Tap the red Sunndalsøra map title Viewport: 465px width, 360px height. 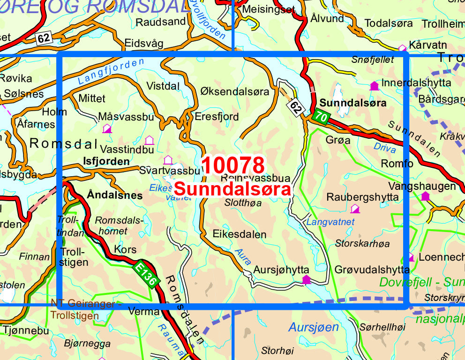click(232, 189)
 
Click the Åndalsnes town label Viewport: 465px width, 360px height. click(114, 195)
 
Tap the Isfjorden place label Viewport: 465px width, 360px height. click(105, 161)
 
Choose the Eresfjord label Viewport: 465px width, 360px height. click(217, 116)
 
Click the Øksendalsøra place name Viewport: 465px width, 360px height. click(235, 91)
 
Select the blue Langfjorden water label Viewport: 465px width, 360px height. click(103, 73)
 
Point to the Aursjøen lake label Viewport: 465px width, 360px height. click(313, 327)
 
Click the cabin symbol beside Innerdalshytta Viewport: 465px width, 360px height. click(374, 86)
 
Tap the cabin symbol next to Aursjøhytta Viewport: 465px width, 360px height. click(306, 280)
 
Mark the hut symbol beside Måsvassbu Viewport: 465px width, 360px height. click(107, 128)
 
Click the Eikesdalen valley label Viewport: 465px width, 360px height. click(239, 234)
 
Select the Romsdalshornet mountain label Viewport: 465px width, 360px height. click(111, 225)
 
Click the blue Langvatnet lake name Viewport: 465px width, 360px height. click(330, 222)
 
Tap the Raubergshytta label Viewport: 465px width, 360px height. click(362, 197)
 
